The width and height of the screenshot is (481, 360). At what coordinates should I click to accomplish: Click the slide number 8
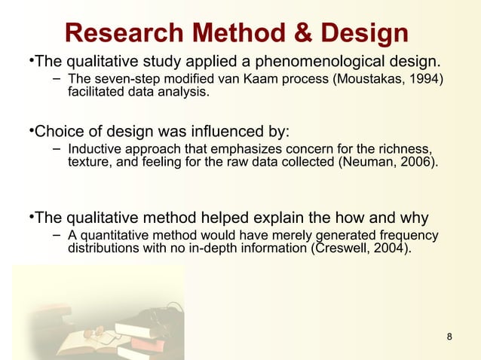[450, 336]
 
